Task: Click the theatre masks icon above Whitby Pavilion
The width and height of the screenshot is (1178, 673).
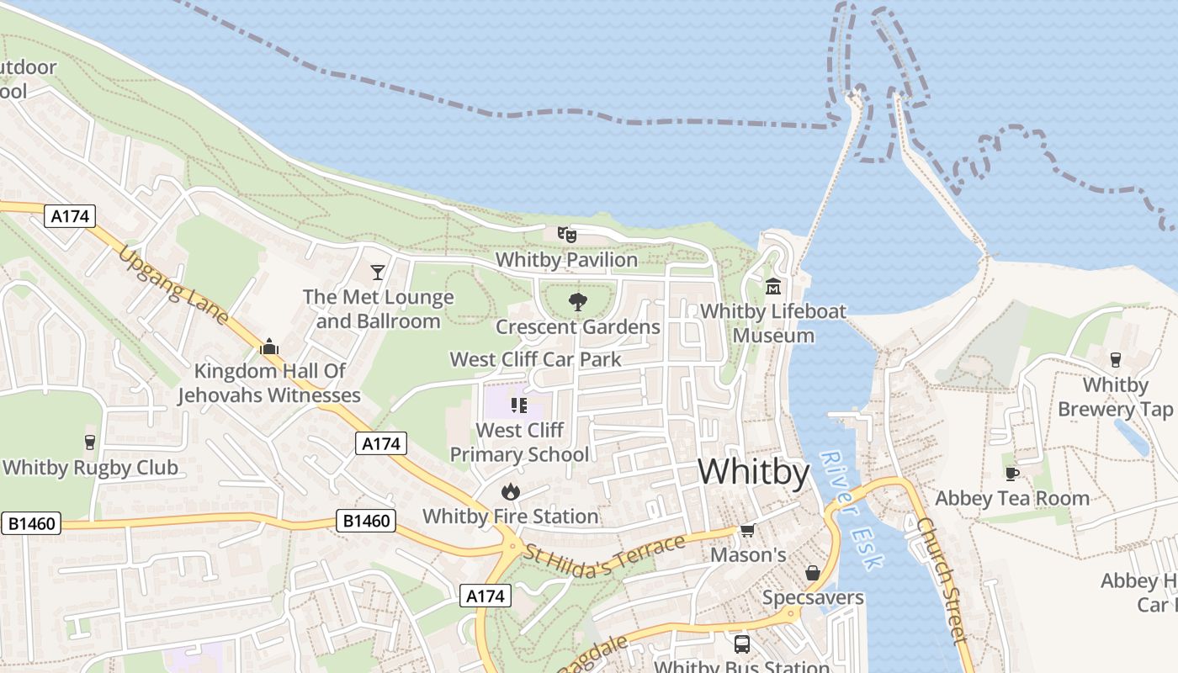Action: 566,235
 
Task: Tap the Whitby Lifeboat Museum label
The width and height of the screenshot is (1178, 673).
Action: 773,323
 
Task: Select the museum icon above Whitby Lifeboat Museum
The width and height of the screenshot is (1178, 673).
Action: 773,287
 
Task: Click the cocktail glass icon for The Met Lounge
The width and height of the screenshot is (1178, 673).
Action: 378,272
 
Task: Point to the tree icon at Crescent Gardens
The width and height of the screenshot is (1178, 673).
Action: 577,302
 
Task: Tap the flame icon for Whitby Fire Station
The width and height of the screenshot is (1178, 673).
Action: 510,491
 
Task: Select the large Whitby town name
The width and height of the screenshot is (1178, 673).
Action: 753,472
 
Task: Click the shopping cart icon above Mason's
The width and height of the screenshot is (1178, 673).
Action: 747,530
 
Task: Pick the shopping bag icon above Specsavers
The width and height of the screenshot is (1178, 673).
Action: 813,573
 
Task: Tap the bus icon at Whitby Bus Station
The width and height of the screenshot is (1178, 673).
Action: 741,644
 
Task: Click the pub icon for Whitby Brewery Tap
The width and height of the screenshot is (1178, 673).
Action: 1116,360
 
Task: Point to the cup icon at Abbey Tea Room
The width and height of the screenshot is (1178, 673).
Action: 1012,474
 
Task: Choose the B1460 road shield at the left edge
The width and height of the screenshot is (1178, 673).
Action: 32,523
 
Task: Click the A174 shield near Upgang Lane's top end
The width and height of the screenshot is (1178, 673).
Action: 70,216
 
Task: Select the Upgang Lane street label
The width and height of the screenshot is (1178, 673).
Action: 173,285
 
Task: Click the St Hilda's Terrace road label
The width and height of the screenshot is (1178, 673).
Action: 604,557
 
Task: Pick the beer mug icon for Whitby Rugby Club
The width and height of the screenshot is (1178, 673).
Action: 90,442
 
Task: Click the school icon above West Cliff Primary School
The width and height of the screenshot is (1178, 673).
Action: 518,405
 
